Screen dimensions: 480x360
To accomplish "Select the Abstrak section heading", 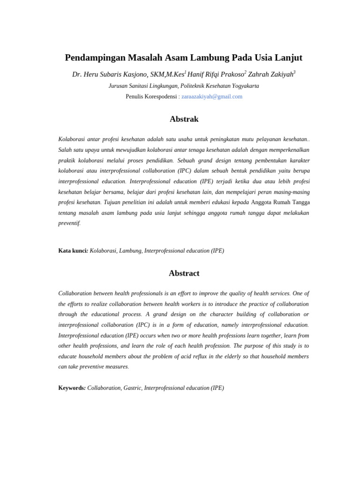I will pos(184,119).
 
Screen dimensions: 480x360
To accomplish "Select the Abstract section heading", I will pos(184,273).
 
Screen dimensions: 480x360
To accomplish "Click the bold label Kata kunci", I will pos(73,251).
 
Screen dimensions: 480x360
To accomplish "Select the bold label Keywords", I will pos(72,388).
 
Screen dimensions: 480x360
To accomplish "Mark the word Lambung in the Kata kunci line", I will pos(130,251).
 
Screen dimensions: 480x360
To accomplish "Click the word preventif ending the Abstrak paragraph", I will pos(69,223).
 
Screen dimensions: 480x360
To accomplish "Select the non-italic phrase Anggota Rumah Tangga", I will pos(280,202).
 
